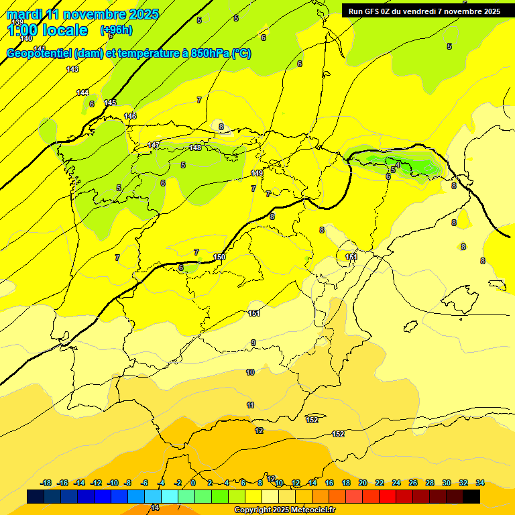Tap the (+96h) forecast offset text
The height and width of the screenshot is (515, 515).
click(x=116, y=30)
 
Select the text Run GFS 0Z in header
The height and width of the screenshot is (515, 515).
click(x=371, y=11)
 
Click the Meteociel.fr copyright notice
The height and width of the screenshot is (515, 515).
click(x=284, y=510)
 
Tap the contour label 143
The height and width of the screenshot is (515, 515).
click(x=72, y=69)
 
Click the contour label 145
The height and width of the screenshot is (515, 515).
click(x=110, y=103)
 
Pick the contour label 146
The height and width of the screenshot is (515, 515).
click(x=130, y=116)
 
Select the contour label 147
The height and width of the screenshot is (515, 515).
click(x=154, y=146)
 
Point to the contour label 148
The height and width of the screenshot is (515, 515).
click(x=195, y=148)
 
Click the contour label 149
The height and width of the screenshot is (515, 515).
click(x=257, y=173)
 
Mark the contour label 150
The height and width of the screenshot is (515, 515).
click(x=219, y=257)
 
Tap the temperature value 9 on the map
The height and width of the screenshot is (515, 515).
click(x=253, y=343)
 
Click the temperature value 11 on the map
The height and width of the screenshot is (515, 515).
click(x=250, y=405)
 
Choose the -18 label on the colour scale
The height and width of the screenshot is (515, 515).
click(x=46, y=483)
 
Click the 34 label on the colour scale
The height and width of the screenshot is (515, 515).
click(x=480, y=483)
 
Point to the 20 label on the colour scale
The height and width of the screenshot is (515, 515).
click(x=363, y=483)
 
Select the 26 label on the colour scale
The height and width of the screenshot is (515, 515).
click(x=413, y=483)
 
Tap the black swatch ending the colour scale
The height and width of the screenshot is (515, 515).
click(x=471, y=496)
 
